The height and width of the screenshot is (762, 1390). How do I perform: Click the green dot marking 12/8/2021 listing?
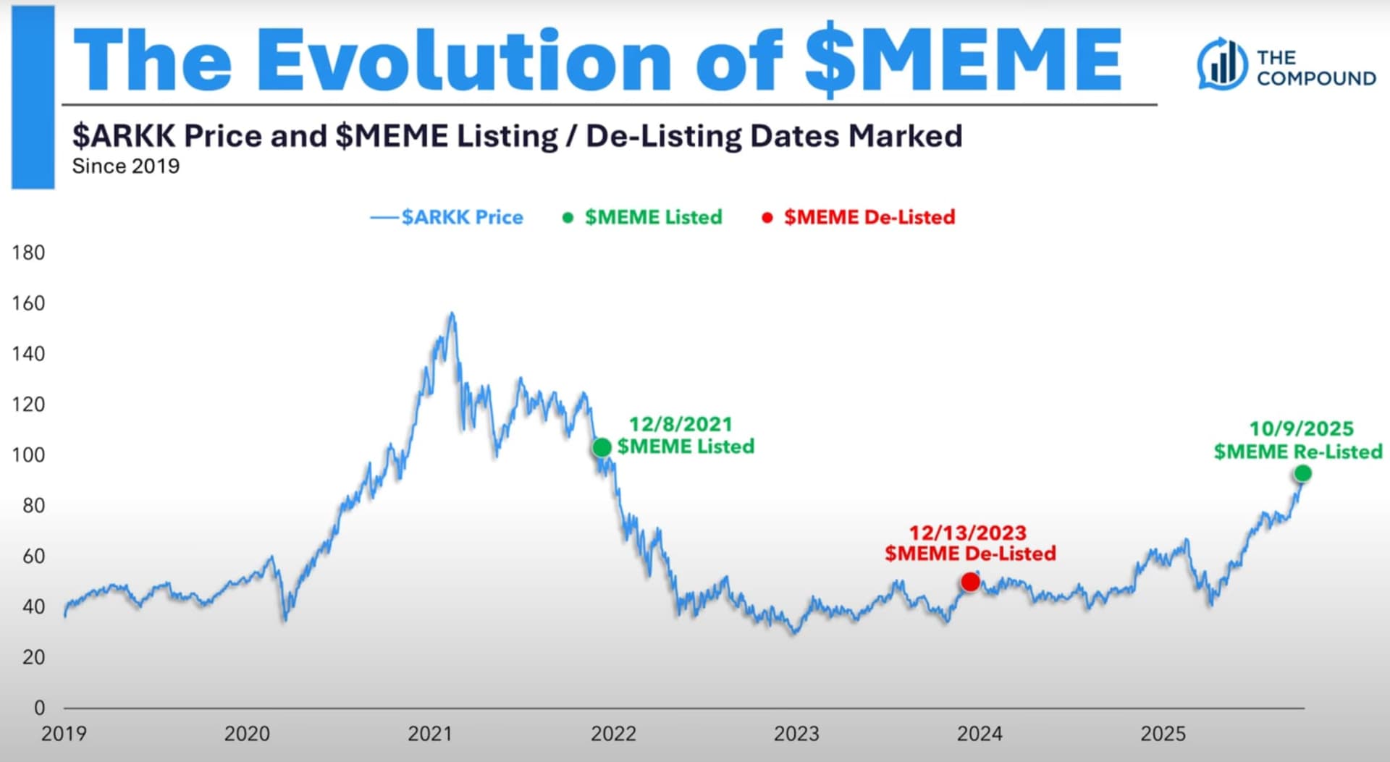(x=602, y=448)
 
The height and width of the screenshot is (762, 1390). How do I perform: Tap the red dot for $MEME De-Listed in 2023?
(x=970, y=582)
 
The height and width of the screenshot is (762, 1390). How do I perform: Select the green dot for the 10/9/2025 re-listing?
(x=1302, y=473)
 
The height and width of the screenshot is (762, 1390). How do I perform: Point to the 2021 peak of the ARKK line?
(x=452, y=313)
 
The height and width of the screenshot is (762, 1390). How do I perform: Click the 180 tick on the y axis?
(x=28, y=253)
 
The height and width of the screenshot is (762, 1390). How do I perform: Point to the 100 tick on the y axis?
(x=28, y=454)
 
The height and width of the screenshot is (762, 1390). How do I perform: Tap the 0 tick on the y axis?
(x=39, y=707)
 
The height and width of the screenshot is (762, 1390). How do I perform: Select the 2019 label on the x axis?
(x=64, y=734)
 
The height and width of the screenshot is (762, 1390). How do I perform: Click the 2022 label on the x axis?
(x=613, y=734)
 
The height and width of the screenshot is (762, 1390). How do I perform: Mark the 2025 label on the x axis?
(x=1163, y=734)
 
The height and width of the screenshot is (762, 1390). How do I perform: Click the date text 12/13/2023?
(x=968, y=533)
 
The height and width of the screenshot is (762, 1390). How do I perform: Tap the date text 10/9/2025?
(x=1301, y=428)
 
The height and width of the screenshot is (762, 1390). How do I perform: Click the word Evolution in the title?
(x=464, y=61)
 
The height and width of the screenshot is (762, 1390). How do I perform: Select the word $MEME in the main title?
(x=963, y=61)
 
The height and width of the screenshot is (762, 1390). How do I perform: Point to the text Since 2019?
(x=126, y=166)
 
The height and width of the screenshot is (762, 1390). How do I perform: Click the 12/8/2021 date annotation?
(x=681, y=424)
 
